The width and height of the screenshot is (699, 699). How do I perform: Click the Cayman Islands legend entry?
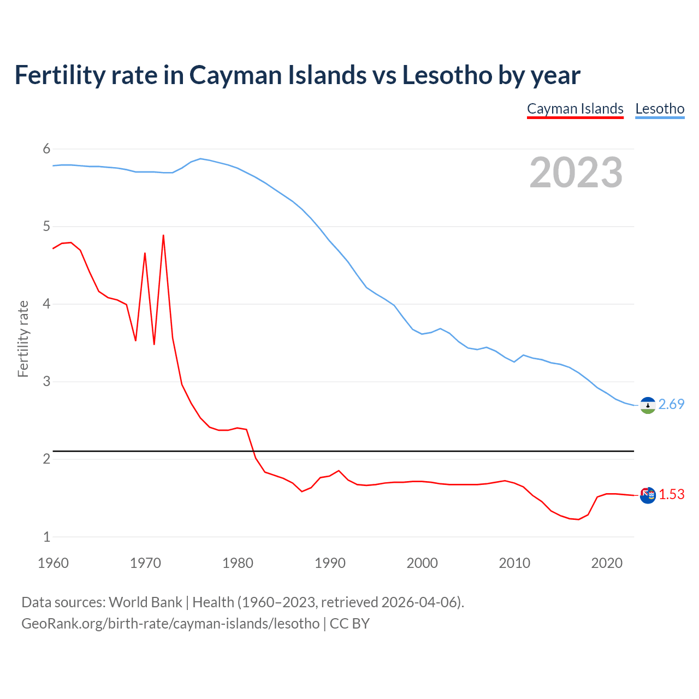point(575,109)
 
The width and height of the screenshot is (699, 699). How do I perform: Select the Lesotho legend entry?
point(660,109)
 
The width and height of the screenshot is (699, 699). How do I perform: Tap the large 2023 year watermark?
point(576,173)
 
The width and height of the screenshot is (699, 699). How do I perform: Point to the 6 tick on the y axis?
point(46,149)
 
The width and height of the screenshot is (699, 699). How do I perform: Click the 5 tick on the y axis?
point(46,227)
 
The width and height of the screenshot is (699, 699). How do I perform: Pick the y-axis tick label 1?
point(46,537)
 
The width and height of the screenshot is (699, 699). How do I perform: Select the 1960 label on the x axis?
point(53,563)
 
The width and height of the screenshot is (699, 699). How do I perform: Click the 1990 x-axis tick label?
point(330,563)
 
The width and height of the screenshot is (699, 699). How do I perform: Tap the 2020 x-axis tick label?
point(607,563)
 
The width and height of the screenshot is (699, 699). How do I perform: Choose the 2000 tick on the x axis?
point(422,563)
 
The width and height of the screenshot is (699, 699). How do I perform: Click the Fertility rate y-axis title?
point(23,339)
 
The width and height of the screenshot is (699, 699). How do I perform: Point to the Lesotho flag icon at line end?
point(648,405)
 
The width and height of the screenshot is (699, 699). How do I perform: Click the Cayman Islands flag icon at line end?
point(648,495)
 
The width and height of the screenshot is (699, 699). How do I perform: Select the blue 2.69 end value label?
point(671,404)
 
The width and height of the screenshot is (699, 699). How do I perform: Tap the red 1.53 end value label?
point(671,494)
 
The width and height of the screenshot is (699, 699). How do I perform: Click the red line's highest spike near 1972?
point(163,235)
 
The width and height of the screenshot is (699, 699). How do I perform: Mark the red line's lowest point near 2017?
point(579,519)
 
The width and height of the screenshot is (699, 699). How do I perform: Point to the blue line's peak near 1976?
point(200,158)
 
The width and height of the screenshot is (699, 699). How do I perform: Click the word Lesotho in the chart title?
point(447,75)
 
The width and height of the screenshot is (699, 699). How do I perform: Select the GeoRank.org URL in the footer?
point(170,623)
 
